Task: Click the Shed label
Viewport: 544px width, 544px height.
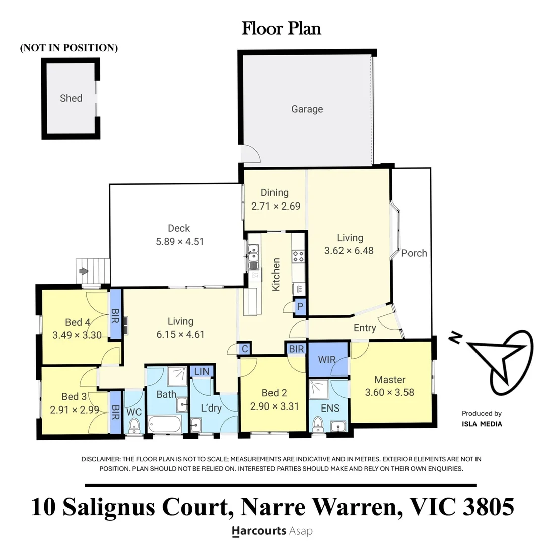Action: click(x=71, y=98)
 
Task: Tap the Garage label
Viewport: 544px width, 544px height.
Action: click(x=307, y=109)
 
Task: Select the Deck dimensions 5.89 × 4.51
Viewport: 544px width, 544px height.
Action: click(x=180, y=241)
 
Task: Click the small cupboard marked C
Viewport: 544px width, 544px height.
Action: click(x=244, y=348)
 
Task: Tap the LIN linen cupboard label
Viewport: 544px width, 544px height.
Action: click(x=201, y=371)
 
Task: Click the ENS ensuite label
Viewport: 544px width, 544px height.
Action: click(x=330, y=408)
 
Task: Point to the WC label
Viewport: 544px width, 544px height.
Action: click(x=133, y=412)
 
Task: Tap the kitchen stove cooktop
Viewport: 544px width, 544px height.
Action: click(x=298, y=256)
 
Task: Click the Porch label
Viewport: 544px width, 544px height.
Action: click(x=414, y=253)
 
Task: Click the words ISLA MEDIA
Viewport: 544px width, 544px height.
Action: click(x=482, y=424)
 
